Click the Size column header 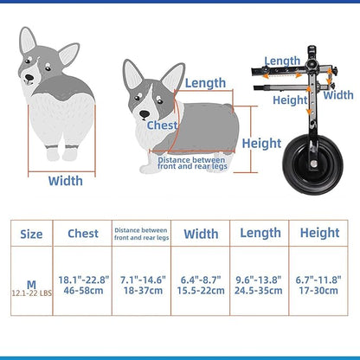[x=30, y=234]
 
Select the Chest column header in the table [x=83, y=234]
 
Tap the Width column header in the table [x=201, y=233]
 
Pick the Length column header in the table [x=260, y=233]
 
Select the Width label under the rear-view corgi [x=65, y=182]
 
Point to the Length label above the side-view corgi [x=205, y=83]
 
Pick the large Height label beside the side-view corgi [x=261, y=143]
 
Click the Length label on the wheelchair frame [x=282, y=61]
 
